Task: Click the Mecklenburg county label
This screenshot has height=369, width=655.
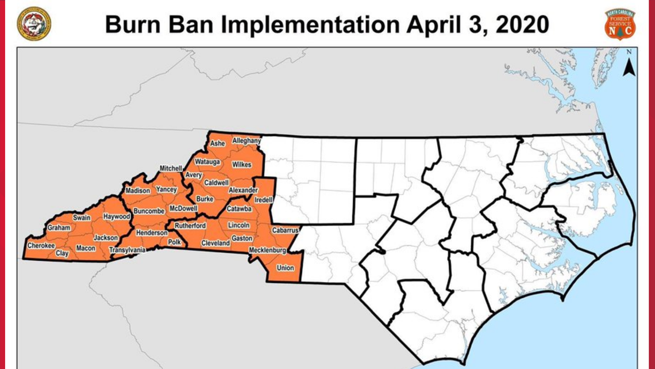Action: [x=268, y=251]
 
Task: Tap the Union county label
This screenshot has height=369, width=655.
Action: [x=286, y=268]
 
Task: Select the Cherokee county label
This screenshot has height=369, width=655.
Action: [x=41, y=246]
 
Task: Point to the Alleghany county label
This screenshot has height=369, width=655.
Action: [x=246, y=140]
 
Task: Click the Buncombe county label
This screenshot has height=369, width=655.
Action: [x=149, y=211]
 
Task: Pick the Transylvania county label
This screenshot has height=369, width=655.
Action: [x=128, y=250]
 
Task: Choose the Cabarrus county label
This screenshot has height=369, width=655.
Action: [x=283, y=229]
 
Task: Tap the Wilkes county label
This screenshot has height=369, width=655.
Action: [x=241, y=165]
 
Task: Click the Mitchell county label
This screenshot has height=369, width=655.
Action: [x=171, y=168]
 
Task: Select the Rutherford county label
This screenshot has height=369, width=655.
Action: [x=190, y=226]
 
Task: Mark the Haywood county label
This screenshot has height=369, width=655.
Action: [x=117, y=216]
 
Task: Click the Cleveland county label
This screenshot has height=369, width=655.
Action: [x=215, y=244]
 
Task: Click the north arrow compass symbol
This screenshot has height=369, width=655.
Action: [x=629, y=63]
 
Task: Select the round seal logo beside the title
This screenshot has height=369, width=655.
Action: [x=33, y=24]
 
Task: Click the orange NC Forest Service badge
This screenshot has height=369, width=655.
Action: [x=619, y=24]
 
